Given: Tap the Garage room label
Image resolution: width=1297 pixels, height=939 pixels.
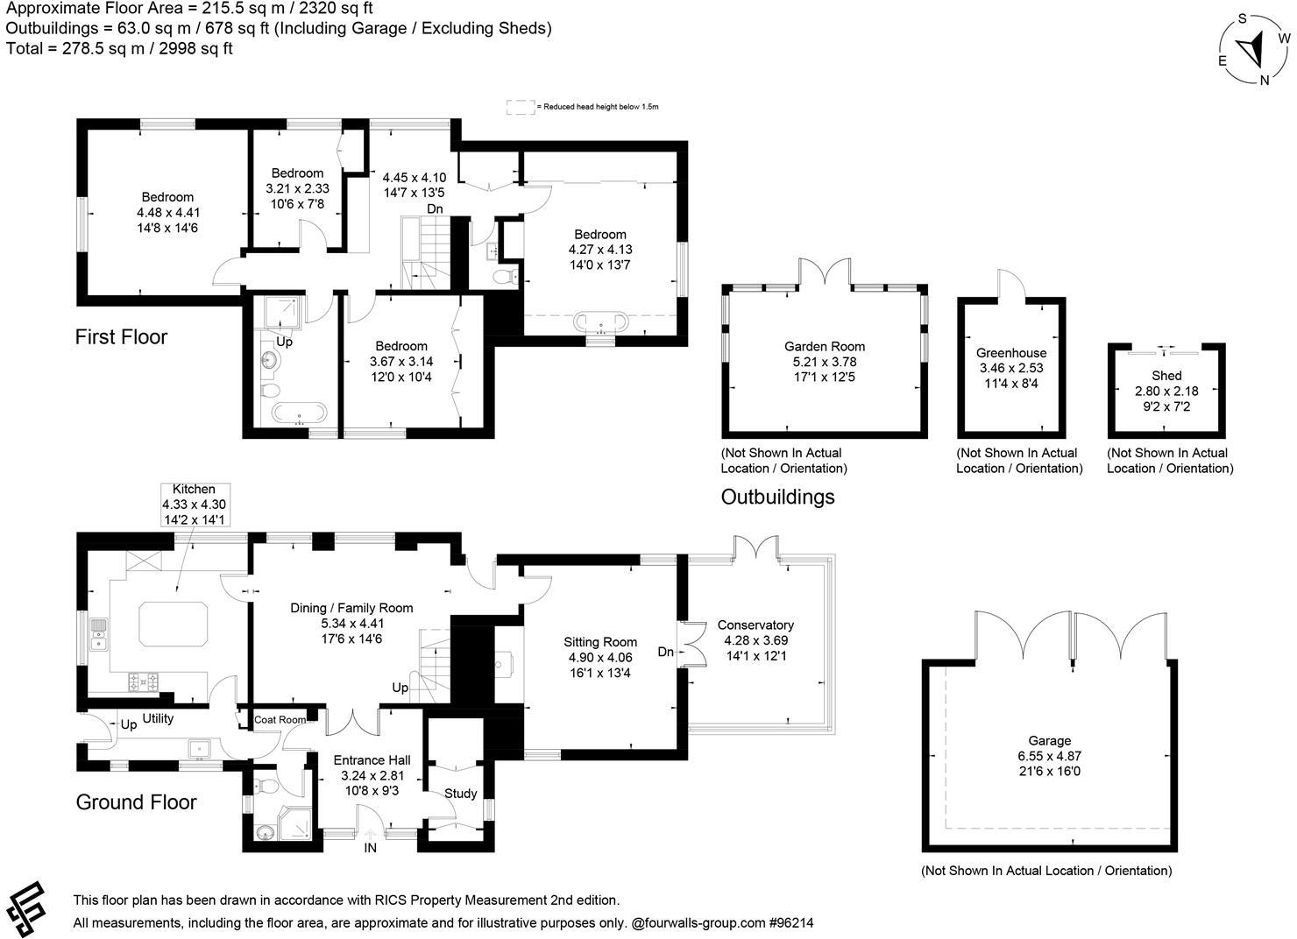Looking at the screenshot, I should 1050,740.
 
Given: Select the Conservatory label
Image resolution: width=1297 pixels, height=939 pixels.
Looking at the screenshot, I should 755,625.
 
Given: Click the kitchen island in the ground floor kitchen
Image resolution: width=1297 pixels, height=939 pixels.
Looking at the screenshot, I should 175,622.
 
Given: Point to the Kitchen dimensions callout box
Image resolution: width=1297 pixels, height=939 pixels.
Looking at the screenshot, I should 194,505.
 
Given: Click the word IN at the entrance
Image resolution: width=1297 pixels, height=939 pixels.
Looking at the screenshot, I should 371,848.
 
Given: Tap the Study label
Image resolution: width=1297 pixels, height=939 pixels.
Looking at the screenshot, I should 460,794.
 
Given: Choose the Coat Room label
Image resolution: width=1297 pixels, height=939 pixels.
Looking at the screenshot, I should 280,720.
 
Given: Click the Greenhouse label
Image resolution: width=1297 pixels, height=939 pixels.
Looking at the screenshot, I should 1011,353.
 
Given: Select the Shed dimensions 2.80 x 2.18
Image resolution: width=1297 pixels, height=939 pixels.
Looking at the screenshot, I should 1166,391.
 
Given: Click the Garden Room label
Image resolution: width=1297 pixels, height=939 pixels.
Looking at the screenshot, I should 824,346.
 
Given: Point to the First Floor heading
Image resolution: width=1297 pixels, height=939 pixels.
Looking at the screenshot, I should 121,337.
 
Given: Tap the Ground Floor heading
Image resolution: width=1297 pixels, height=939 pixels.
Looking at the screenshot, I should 136,802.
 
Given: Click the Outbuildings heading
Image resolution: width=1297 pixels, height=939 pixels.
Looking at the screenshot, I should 777,498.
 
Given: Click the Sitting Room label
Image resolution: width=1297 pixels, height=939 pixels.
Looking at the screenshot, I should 600,642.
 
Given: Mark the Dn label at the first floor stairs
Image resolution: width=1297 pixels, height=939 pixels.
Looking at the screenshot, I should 435,208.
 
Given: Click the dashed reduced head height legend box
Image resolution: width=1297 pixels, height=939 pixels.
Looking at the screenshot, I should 521,107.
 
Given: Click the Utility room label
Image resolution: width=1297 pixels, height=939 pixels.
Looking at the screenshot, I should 158,718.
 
